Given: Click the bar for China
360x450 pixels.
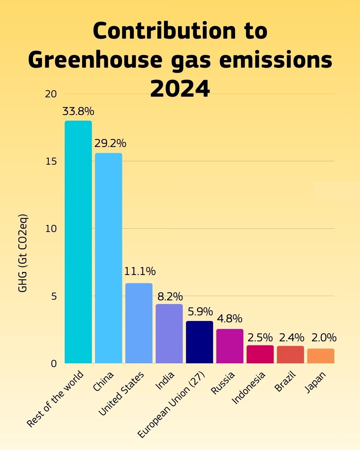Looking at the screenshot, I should pyautogui.click(x=109, y=258).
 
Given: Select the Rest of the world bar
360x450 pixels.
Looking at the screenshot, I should pyautogui.click(x=78, y=242).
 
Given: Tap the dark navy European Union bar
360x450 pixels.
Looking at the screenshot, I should pyautogui.click(x=199, y=342).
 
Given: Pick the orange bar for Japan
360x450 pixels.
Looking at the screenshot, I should pyautogui.click(x=321, y=356).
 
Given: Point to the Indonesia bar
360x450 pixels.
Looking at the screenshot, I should pyautogui.click(x=260, y=354).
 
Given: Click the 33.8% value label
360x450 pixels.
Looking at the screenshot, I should pyautogui.click(x=78, y=111).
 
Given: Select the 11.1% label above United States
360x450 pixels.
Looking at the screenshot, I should pyautogui.click(x=140, y=271).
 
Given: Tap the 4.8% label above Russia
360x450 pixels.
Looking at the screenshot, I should pyautogui.click(x=230, y=319).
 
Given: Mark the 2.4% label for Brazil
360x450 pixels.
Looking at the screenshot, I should pyautogui.click(x=292, y=338).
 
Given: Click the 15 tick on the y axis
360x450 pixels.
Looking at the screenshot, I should pyautogui.click(x=51, y=161).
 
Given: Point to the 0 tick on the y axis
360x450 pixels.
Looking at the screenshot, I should pyautogui.click(x=54, y=364).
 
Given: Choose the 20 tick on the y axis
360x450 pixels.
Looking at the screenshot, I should pyautogui.click(x=51, y=94).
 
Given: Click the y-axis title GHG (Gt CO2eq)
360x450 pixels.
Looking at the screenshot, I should pyautogui.click(x=23, y=253).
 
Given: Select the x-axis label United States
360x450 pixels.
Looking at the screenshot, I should pyautogui.click(x=121, y=394).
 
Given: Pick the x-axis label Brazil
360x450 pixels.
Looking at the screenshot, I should pyautogui.click(x=285, y=382).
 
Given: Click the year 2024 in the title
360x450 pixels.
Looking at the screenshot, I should pyautogui.click(x=180, y=89).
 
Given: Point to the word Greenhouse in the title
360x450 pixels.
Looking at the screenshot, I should pyautogui.click(x=95, y=60).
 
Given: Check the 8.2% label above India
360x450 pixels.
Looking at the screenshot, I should pyautogui.click(x=170, y=296).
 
